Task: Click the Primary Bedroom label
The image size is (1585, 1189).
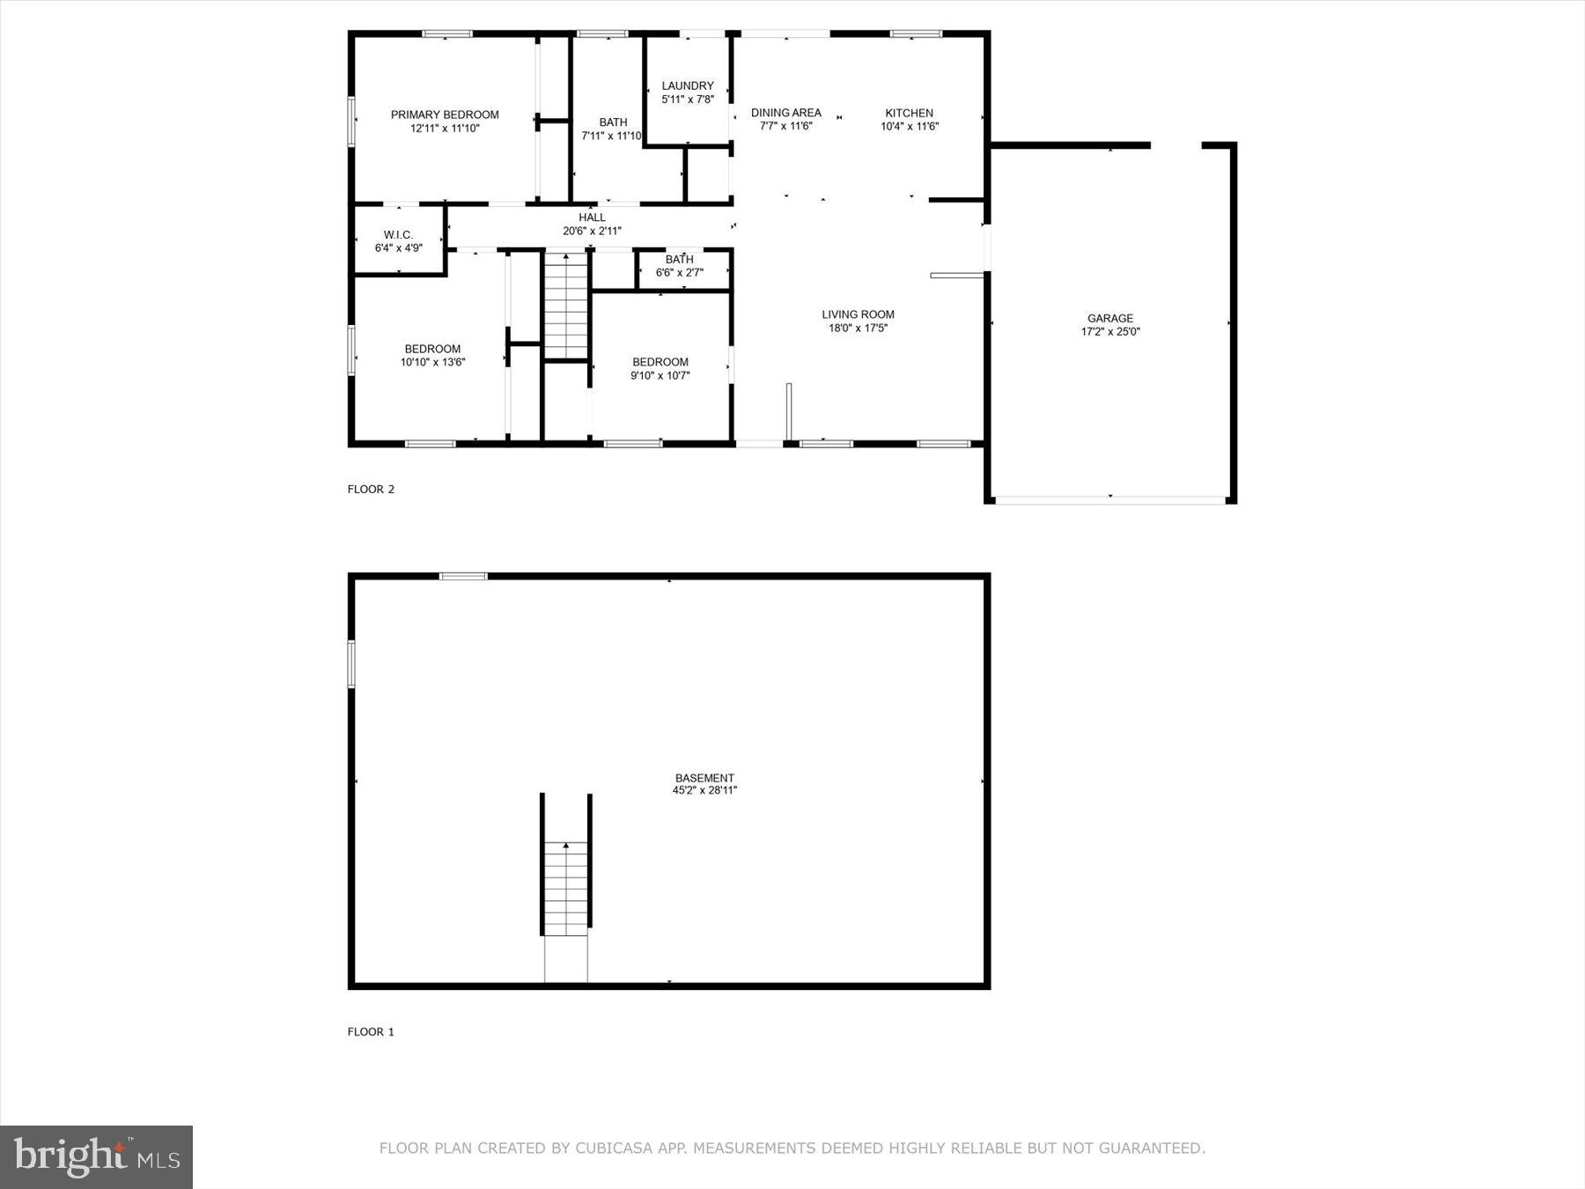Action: pos(445,114)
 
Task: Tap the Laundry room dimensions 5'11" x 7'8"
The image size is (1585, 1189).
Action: pos(688,100)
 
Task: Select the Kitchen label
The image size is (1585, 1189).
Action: pos(909,113)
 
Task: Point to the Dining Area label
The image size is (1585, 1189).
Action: pos(785,113)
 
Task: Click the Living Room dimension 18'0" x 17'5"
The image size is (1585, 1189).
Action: pos(858,328)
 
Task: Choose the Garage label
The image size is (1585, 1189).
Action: pos(1109,318)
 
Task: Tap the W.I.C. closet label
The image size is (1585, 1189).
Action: pos(398,234)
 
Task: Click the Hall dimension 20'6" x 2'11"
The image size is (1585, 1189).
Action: pos(592,231)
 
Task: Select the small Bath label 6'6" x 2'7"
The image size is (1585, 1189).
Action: pos(679,259)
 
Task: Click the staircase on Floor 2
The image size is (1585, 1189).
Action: pos(565,305)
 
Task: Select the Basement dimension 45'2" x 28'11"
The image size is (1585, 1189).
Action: pos(704,790)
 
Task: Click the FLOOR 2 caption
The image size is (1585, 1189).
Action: pos(371,489)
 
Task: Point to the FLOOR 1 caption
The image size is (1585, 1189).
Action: pos(371,1031)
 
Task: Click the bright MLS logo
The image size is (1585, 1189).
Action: pos(96,1156)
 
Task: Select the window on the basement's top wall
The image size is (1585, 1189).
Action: pos(463,576)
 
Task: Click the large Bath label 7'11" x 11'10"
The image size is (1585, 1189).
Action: pos(613,122)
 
